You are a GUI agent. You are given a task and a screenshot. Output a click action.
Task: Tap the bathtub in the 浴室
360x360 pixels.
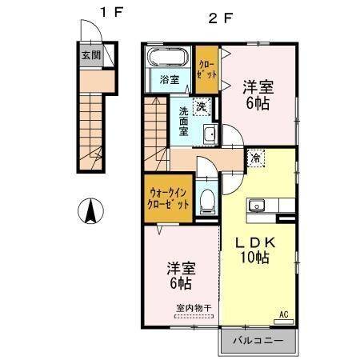click(x=168, y=58)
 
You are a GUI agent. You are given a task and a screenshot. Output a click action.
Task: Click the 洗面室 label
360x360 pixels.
click(x=183, y=119)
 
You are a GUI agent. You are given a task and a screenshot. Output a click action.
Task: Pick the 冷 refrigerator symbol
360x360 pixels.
click(x=254, y=158)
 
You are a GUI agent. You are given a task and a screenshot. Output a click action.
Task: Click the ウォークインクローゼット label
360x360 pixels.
click(x=167, y=198)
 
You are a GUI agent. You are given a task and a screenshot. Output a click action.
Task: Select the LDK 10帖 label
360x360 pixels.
click(x=255, y=249)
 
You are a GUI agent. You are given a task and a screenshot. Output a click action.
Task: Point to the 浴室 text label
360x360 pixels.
click(x=168, y=79)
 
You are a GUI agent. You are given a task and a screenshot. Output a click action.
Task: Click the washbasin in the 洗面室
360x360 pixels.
click(x=210, y=134)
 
